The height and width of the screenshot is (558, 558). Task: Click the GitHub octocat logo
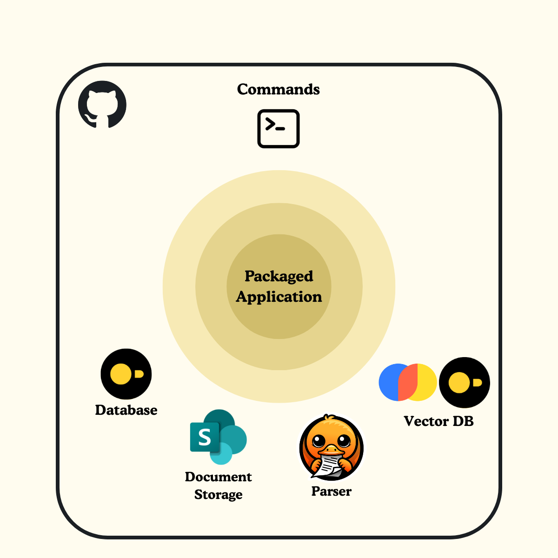click(102, 104)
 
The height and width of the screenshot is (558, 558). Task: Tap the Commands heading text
click(278, 89)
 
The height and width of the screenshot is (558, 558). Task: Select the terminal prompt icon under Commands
click(279, 129)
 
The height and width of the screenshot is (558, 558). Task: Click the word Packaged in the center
click(279, 276)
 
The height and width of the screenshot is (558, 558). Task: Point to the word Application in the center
click(279, 297)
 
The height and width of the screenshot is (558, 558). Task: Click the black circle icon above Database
click(126, 374)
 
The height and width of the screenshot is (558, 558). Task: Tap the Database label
click(126, 410)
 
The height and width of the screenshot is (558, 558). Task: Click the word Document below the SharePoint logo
click(218, 477)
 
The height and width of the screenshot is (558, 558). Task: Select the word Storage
click(218, 494)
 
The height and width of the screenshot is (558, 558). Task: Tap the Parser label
click(331, 492)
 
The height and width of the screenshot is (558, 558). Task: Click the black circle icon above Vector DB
click(465, 382)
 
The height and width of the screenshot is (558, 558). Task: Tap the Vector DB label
click(438, 421)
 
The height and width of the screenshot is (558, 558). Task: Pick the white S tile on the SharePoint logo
click(205, 438)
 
